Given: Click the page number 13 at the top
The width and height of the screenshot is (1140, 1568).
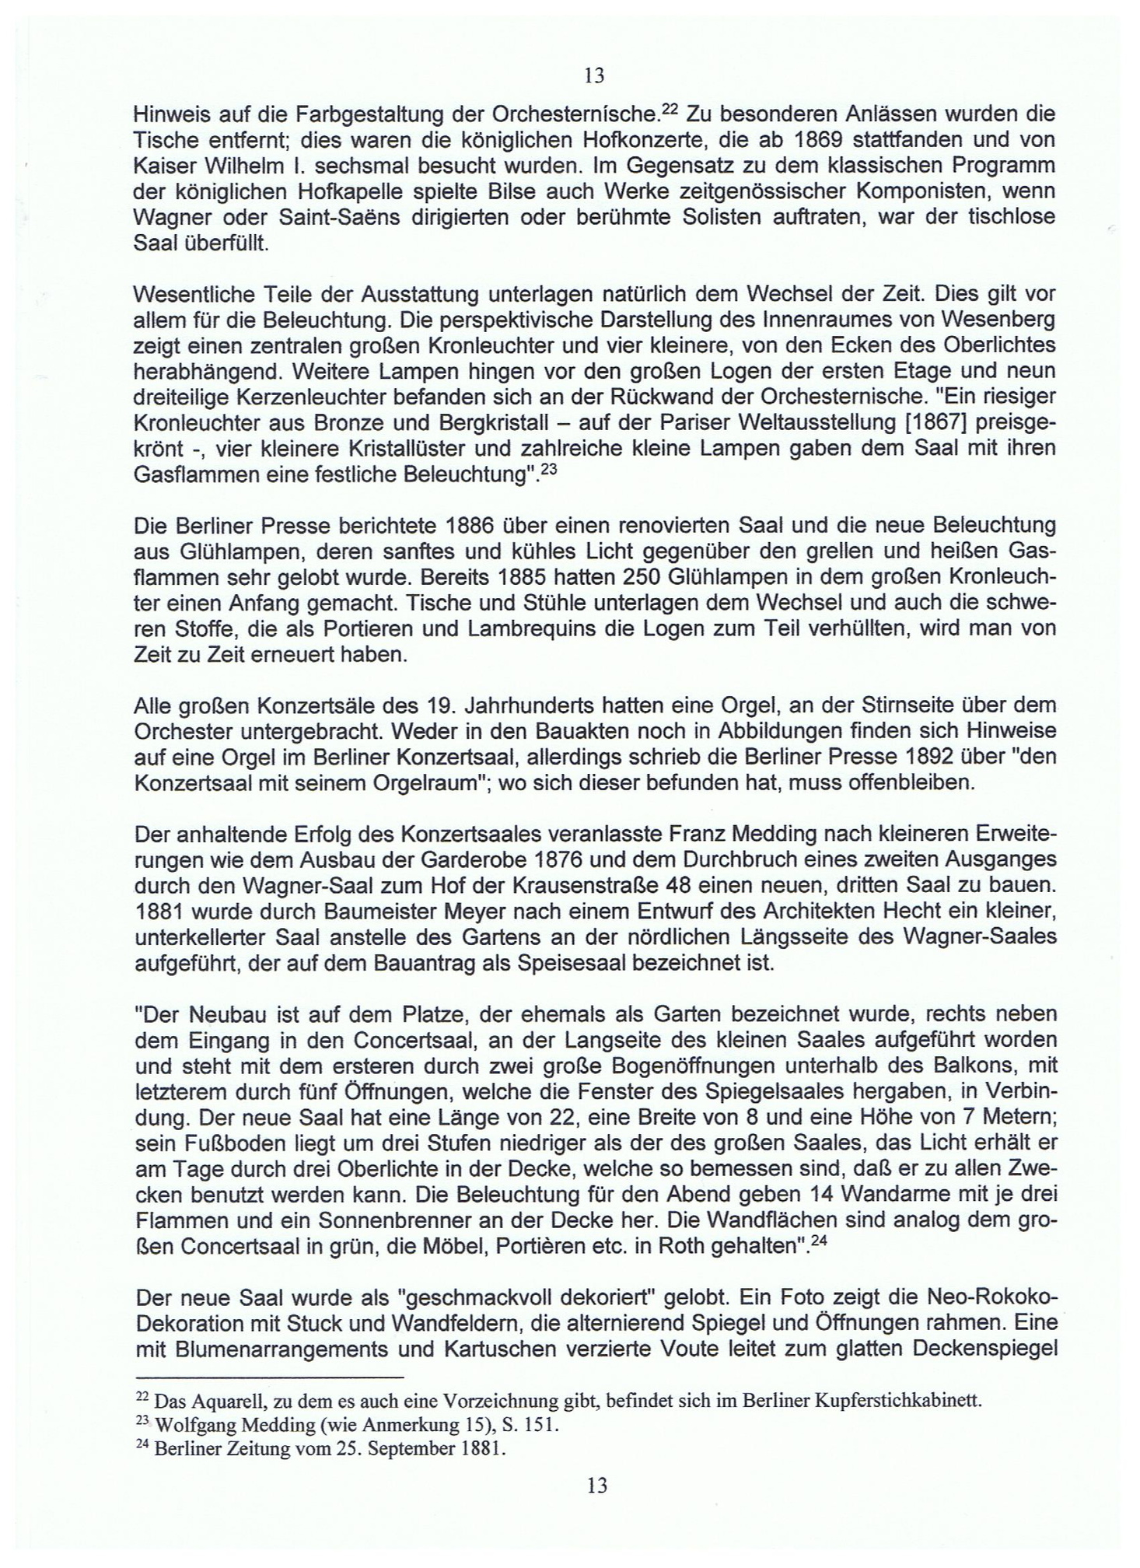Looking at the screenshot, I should pyautogui.click(x=594, y=76).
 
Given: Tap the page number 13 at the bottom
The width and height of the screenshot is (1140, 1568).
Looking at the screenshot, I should pyautogui.click(x=596, y=1486).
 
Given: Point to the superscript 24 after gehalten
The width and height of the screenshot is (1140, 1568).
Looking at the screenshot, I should pyautogui.click(x=817, y=1240).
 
